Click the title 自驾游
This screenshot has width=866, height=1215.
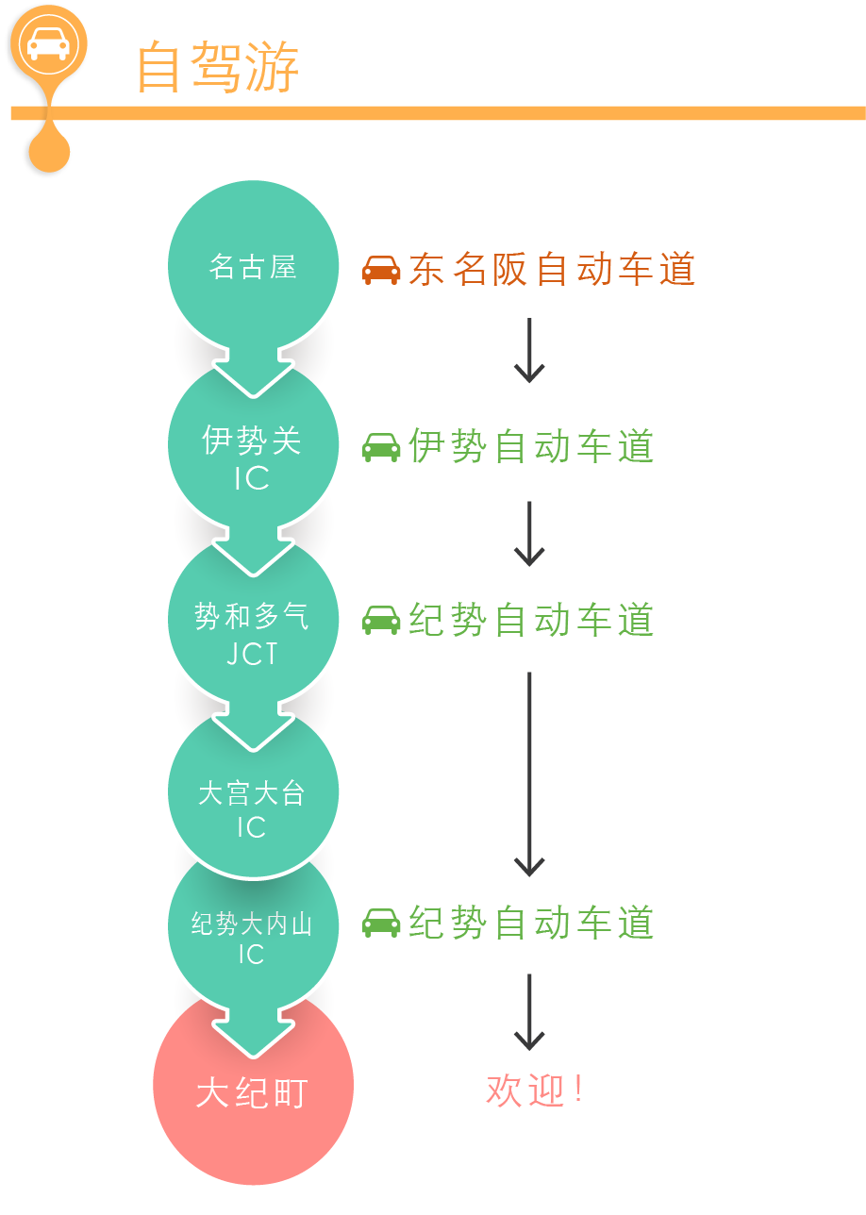point(218,67)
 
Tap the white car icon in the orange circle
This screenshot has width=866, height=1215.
point(49,44)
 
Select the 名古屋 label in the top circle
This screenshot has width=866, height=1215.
point(253,266)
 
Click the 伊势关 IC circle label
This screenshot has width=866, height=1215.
point(252,458)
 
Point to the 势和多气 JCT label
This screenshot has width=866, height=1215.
point(252,633)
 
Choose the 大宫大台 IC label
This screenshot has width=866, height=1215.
point(252,808)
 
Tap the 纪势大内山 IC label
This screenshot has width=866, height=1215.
point(252,938)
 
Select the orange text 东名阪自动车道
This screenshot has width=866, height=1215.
point(552,269)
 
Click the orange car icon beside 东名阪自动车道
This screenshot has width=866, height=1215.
point(381,270)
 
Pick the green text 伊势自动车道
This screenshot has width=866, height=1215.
point(531,446)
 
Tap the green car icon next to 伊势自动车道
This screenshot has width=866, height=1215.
point(381,447)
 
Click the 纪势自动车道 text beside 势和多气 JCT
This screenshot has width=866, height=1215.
point(531,620)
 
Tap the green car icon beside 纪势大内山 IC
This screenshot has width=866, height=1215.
point(381,923)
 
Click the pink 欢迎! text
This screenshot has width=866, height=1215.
point(535,1090)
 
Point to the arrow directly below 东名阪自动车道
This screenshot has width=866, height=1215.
point(529,350)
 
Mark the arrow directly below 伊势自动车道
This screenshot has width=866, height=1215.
point(529,534)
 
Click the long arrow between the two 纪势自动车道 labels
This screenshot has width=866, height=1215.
point(529,774)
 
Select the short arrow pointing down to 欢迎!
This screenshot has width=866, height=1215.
point(529,1012)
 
